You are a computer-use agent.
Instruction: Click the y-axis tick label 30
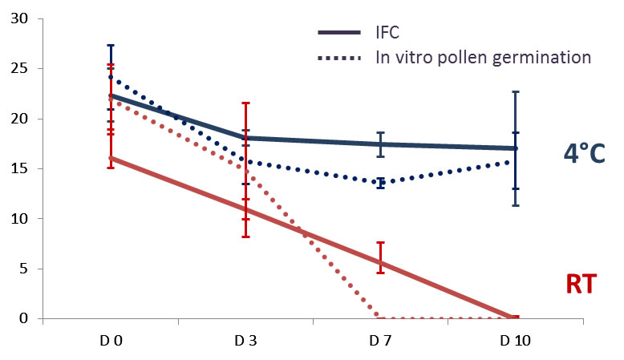(x=19, y=19)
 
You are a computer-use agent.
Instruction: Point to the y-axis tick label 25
(x=19, y=69)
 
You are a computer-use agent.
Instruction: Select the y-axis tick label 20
(x=19, y=119)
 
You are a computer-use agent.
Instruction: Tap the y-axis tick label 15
(x=19, y=168)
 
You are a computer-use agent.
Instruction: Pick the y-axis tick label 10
(x=19, y=218)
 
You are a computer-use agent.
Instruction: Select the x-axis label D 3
(x=245, y=340)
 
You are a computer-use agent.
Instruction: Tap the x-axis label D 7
(x=380, y=340)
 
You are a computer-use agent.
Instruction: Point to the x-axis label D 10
(x=515, y=340)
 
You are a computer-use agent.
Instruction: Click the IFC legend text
(x=388, y=34)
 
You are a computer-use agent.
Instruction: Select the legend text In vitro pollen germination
(x=484, y=58)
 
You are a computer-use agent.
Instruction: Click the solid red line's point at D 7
(x=380, y=263)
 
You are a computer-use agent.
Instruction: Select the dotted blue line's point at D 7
(x=380, y=184)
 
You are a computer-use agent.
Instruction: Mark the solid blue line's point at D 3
(x=245, y=138)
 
